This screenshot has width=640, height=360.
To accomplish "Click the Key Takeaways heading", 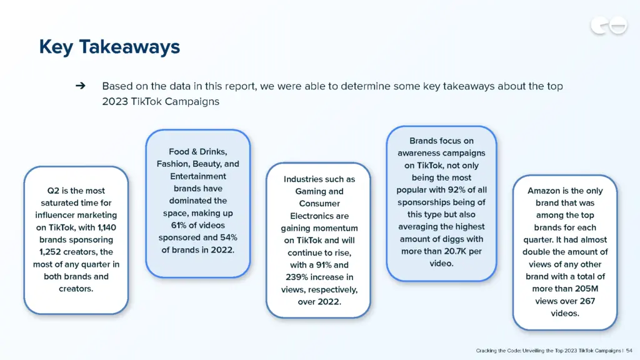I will [x=109, y=47].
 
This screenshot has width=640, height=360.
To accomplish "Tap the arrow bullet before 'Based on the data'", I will [x=80, y=86].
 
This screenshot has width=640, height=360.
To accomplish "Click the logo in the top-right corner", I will [x=608, y=26].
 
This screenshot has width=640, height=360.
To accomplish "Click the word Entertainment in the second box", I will [x=197, y=176].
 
